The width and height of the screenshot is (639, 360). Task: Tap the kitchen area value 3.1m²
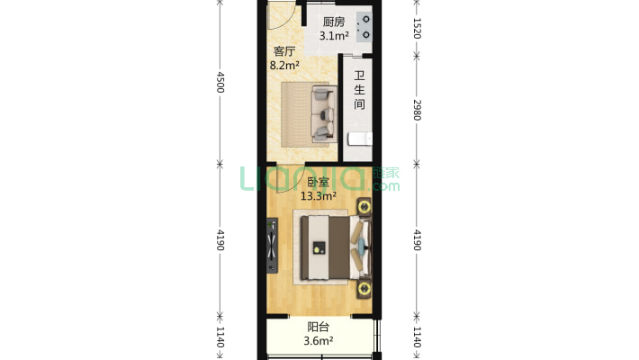(335, 37)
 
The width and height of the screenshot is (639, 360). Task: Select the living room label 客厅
(284, 51)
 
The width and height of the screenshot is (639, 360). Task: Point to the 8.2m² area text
(284, 65)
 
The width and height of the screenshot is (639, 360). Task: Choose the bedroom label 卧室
(318, 182)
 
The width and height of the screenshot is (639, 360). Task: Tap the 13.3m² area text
(318, 195)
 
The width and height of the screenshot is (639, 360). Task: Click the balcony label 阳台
(318, 328)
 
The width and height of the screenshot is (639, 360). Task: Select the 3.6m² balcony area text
(318, 341)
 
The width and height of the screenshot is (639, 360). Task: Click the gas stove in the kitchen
(364, 27)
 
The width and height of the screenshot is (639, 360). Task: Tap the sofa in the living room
(321, 114)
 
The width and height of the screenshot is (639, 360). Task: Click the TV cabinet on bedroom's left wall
(273, 248)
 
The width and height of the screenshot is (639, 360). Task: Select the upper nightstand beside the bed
(364, 208)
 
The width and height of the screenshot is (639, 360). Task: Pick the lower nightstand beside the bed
(364, 288)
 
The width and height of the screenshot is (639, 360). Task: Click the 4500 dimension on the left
(220, 82)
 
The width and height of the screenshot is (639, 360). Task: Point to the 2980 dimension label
(417, 109)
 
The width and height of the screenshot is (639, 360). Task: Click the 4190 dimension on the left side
(220, 240)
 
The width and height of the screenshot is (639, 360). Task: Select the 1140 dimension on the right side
(417, 337)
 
